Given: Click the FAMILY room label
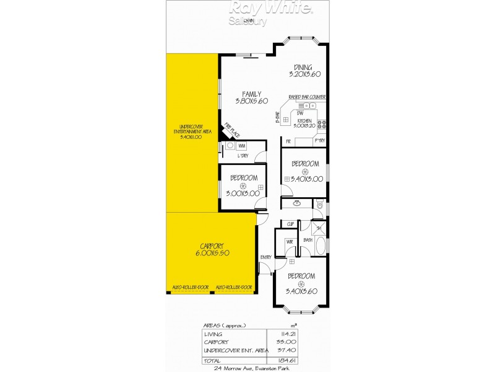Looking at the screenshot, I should (x=251, y=94).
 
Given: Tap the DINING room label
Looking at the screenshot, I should (x=303, y=68).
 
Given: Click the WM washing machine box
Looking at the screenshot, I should (x=242, y=146).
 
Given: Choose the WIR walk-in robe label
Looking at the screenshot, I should (x=289, y=242).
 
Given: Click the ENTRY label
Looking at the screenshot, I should (x=266, y=257).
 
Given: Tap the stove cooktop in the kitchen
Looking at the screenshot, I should (x=322, y=125).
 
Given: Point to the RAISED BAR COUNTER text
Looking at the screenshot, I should (x=307, y=97).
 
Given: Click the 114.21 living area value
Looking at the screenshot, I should (x=288, y=334).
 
